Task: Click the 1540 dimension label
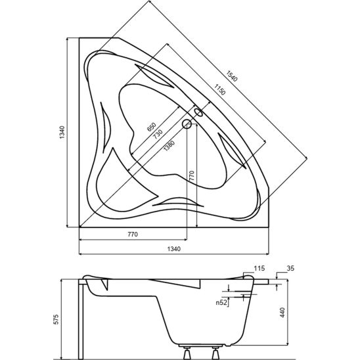click(x=231, y=76)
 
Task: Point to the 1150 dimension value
click(x=219, y=89)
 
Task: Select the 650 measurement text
click(x=152, y=127)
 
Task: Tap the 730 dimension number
click(x=158, y=134)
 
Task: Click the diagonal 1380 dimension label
click(x=169, y=146)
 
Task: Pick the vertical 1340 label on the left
click(x=62, y=132)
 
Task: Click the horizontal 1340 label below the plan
click(x=174, y=248)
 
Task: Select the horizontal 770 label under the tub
click(x=133, y=234)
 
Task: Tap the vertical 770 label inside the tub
click(x=192, y=175)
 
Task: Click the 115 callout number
click(x=259, y=268)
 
